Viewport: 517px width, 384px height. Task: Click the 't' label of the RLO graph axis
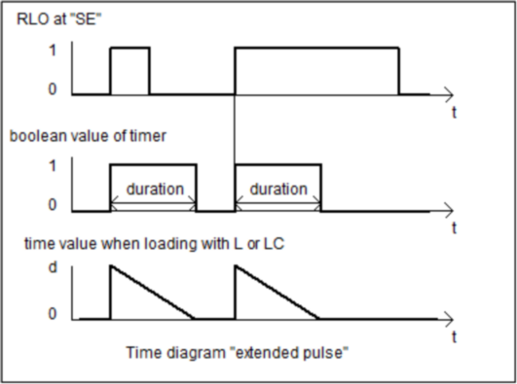point(454,113)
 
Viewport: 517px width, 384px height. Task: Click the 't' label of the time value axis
point(454,336)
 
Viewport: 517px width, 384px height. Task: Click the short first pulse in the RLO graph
point(129,48)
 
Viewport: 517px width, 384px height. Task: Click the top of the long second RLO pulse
point(316,48)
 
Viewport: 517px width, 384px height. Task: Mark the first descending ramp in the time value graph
point(153,293)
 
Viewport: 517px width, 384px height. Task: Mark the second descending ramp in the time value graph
point(277,293)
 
